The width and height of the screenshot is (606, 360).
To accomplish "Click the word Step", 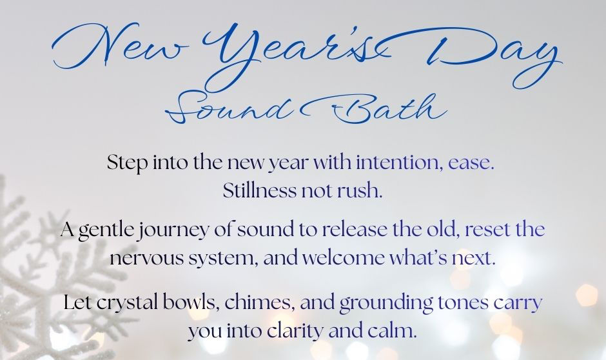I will pos(125,163).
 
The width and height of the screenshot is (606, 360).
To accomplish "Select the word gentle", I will pos(104,230).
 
